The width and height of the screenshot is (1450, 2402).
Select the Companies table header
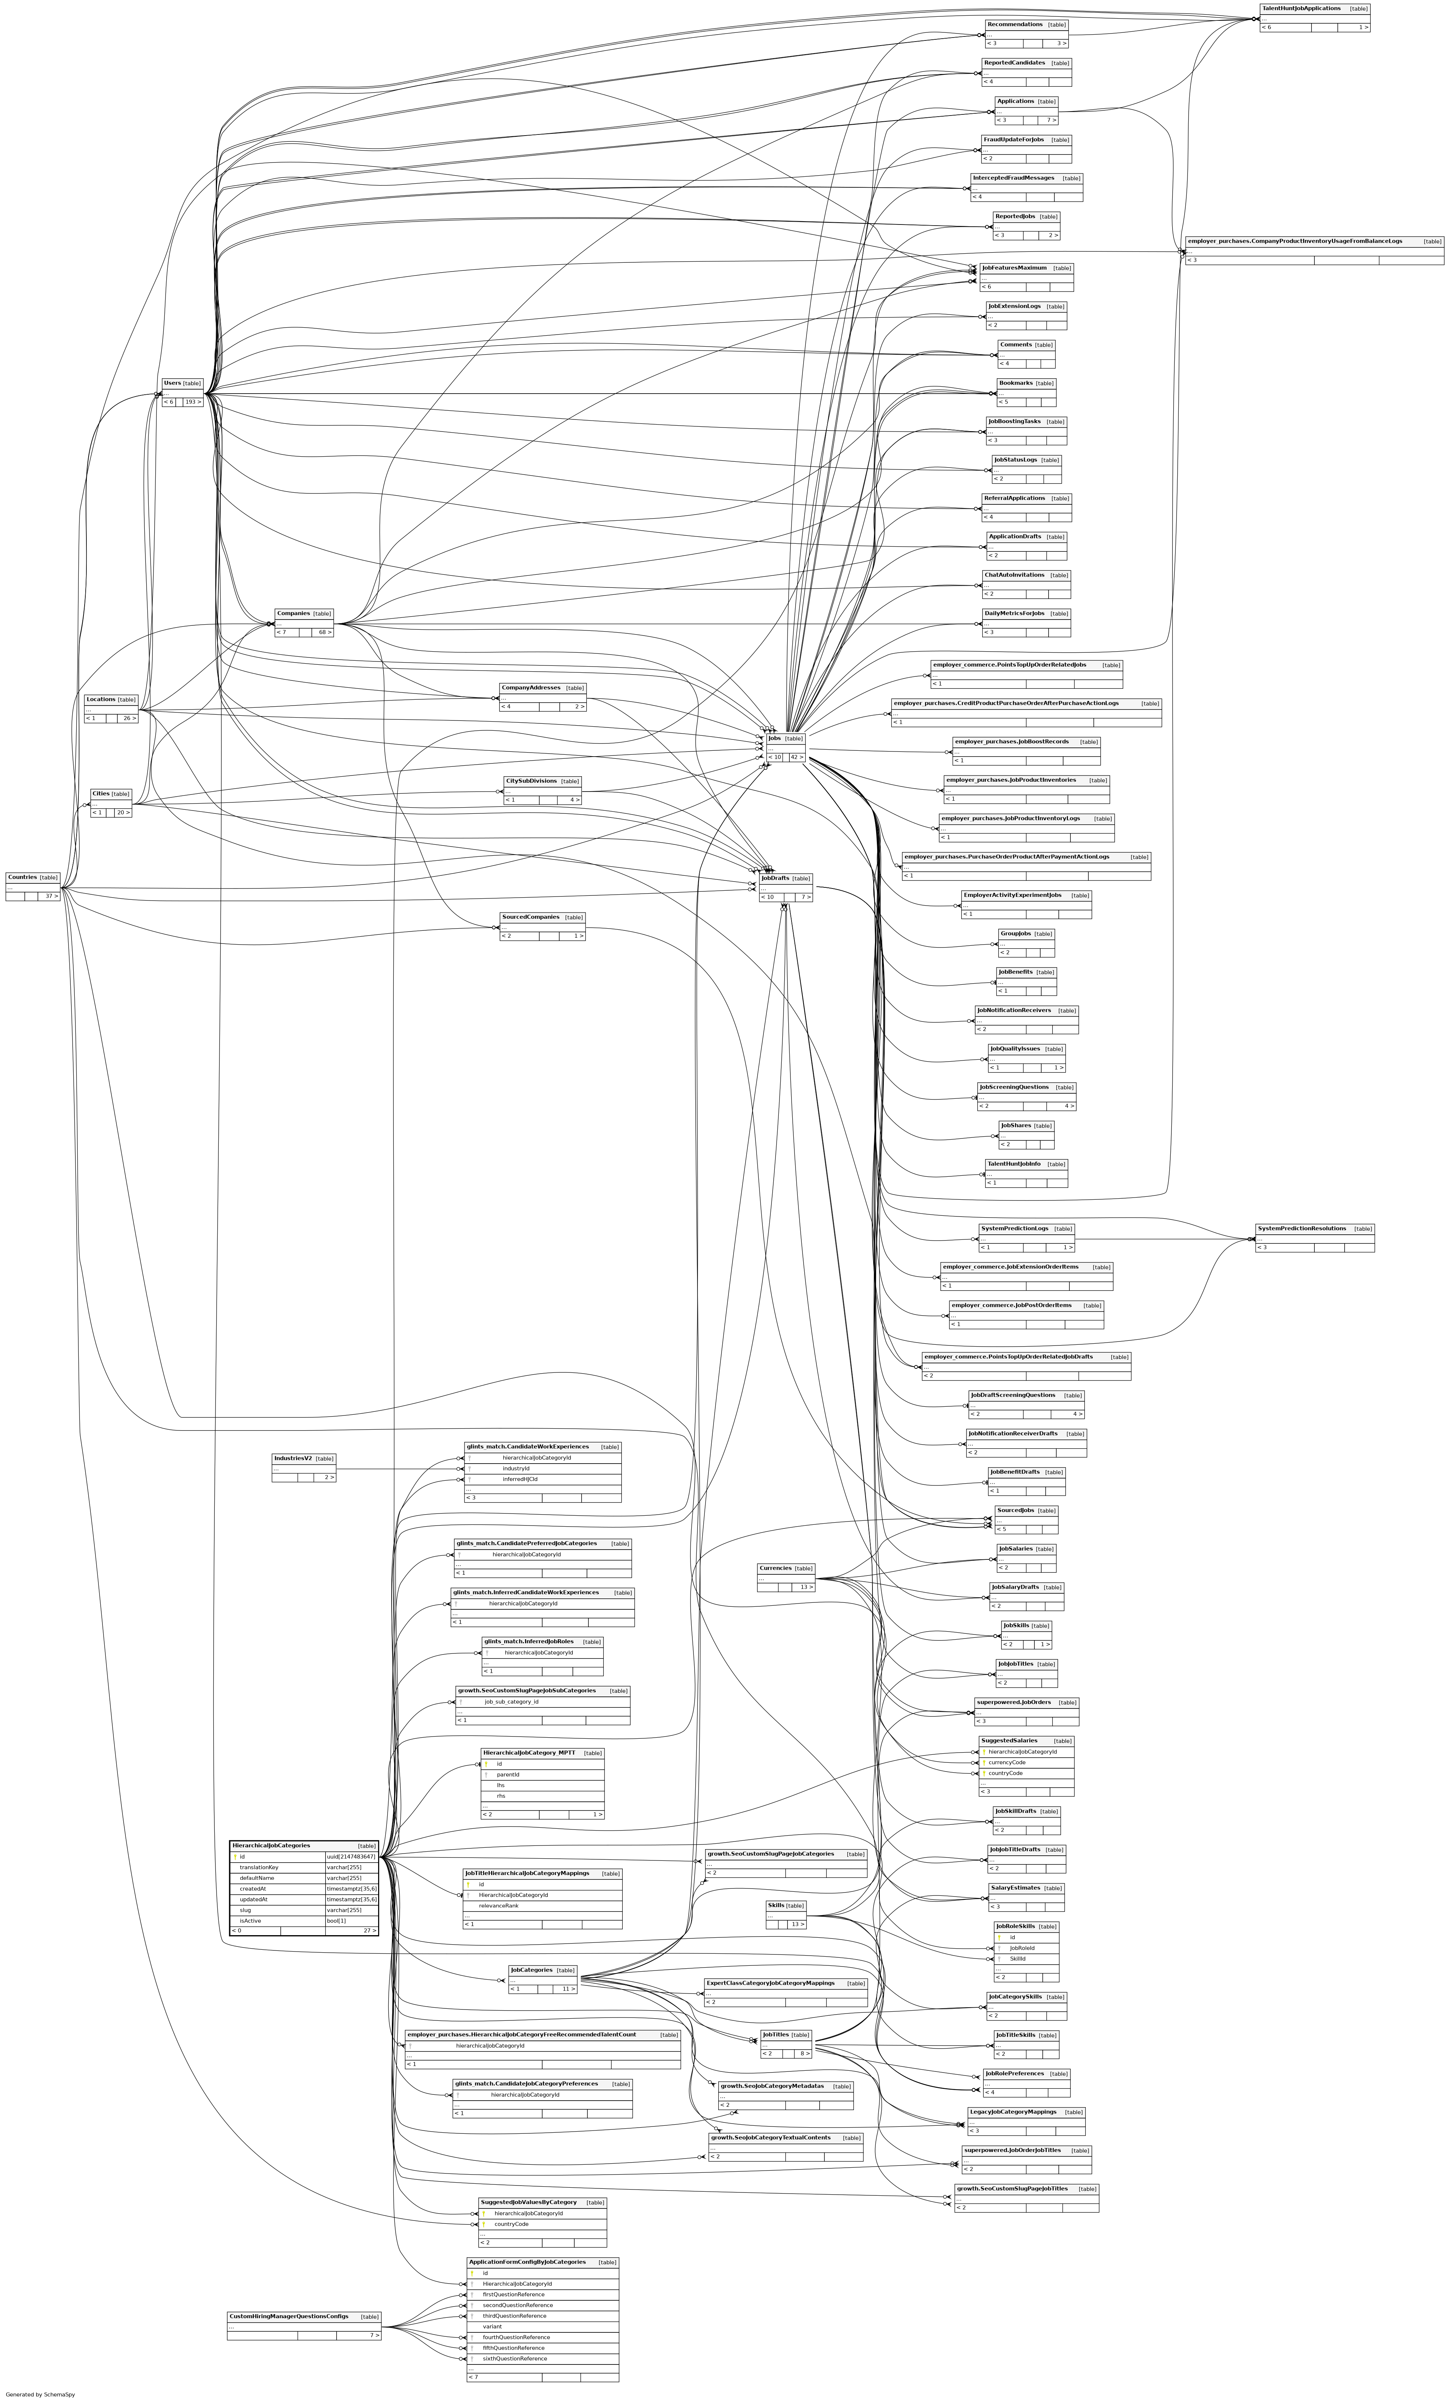[292, 613]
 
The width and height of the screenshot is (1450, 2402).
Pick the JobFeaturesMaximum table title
[1014, 267]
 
